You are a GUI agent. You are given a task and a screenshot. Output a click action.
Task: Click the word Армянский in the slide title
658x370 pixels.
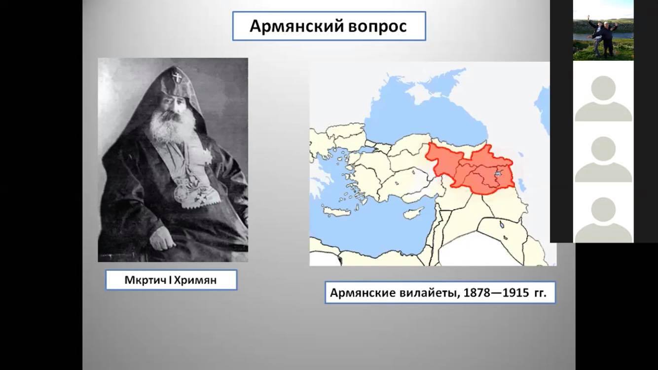pos(296,26)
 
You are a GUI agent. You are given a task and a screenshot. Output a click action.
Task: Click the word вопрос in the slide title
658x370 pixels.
pos(377,27)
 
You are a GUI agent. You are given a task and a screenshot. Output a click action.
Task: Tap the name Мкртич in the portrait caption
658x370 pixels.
pos(146,280)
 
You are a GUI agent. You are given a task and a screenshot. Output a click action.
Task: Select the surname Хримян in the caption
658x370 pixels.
pos(195,280)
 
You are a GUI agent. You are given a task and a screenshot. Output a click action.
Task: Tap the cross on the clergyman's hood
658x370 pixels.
pos(177,77)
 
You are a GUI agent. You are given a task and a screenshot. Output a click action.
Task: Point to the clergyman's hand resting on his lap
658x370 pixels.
pos(161,240)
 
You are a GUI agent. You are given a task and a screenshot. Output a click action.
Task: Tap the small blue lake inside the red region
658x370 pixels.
pos(498,174)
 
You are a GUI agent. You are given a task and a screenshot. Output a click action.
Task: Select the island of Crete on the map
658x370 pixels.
pos(337,211)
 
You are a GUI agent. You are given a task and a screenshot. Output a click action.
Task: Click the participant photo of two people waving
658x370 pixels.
pos(603,31)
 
